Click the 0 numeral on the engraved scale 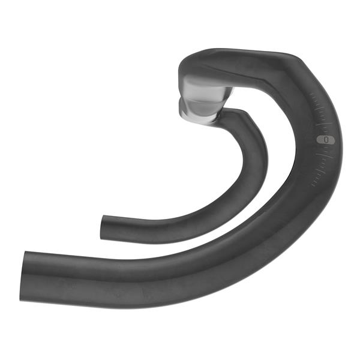(x=326, y=139)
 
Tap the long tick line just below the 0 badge (x=325, y=155)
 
